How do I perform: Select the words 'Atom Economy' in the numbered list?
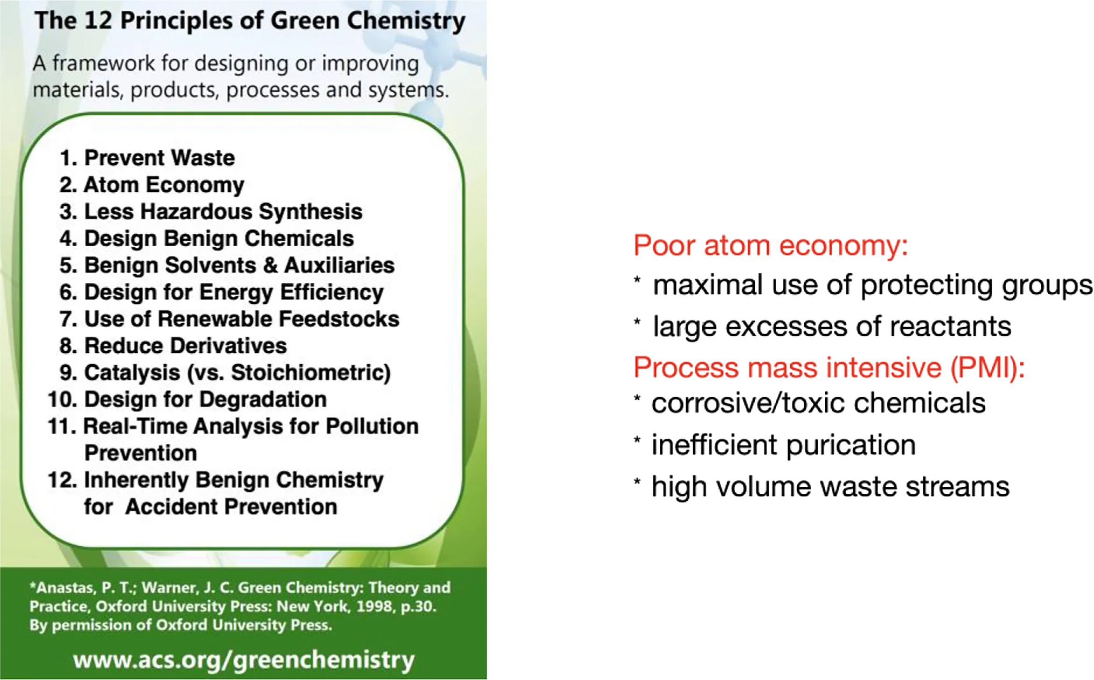(163, 185)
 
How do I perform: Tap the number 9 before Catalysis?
(66, 372)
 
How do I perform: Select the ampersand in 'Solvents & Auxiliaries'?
(270, 266)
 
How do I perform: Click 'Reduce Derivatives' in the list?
(185, 346)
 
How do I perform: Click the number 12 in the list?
(62, 480)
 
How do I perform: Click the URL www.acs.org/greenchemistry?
(244, 659)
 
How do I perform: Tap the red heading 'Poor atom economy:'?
(770, 245)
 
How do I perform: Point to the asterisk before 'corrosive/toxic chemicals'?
(637, 400)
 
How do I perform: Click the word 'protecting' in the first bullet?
(927, 286)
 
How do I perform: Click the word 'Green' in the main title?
(305, 21)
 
